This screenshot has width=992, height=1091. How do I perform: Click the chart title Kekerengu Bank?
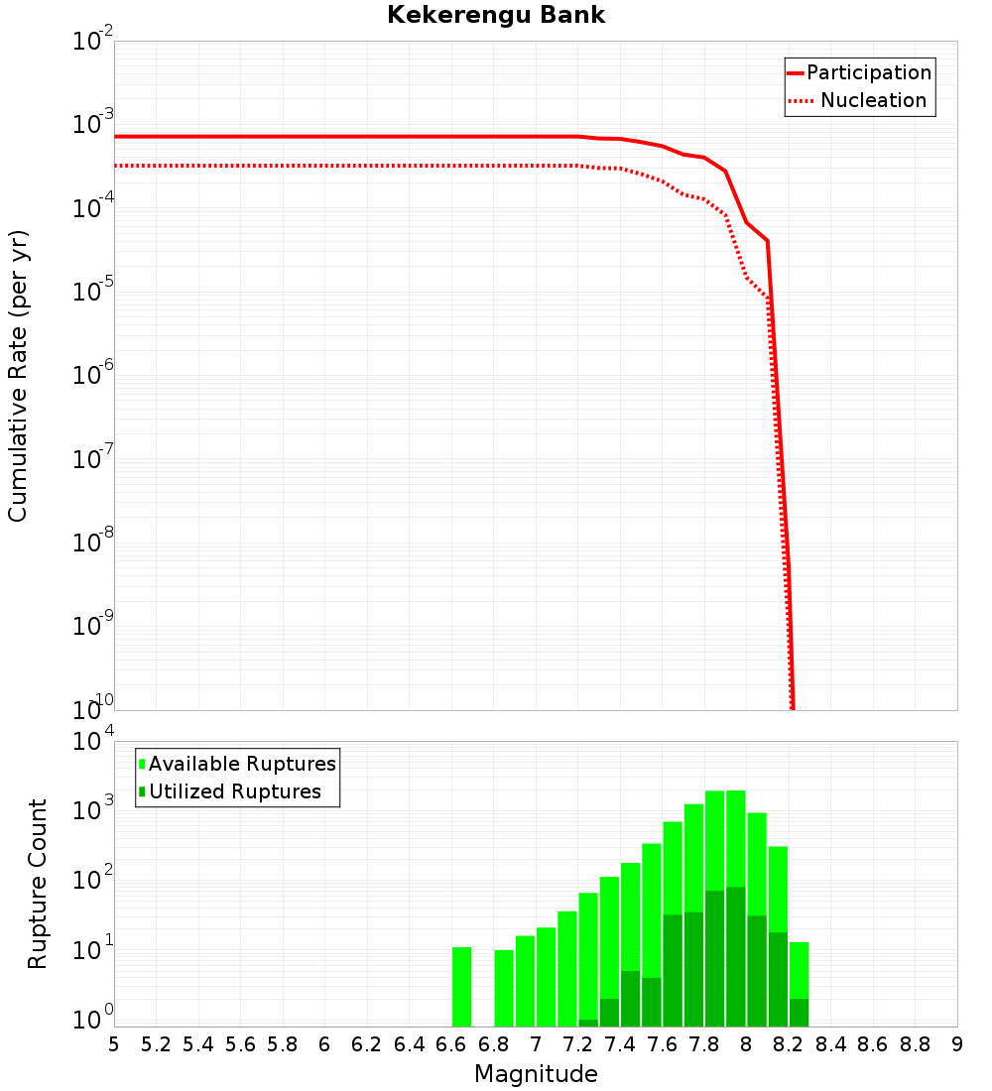[496, 16]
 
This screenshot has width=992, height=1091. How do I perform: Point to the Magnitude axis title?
[536, 1074]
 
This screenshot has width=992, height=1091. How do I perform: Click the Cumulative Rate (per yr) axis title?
[18, 375]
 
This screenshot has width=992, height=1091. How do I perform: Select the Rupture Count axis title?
[38, 883]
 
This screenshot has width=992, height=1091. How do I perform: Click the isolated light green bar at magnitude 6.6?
[461, 987]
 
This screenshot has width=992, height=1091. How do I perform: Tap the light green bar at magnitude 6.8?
[504, 989]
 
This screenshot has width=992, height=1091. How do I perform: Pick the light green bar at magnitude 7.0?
[546, 977]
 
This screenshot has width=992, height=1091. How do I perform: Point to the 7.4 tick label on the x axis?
[620, 1043]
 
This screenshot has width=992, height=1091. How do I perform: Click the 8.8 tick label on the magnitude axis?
[916, 1043]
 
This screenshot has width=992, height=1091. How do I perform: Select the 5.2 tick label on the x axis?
[156, 1043]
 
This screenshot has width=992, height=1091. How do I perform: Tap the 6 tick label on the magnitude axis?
[324, 1043]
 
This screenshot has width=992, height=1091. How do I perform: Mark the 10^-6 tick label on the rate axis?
[93, 374]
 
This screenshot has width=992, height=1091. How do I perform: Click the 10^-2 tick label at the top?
[93, 41]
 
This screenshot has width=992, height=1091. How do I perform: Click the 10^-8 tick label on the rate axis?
[93, 541]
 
